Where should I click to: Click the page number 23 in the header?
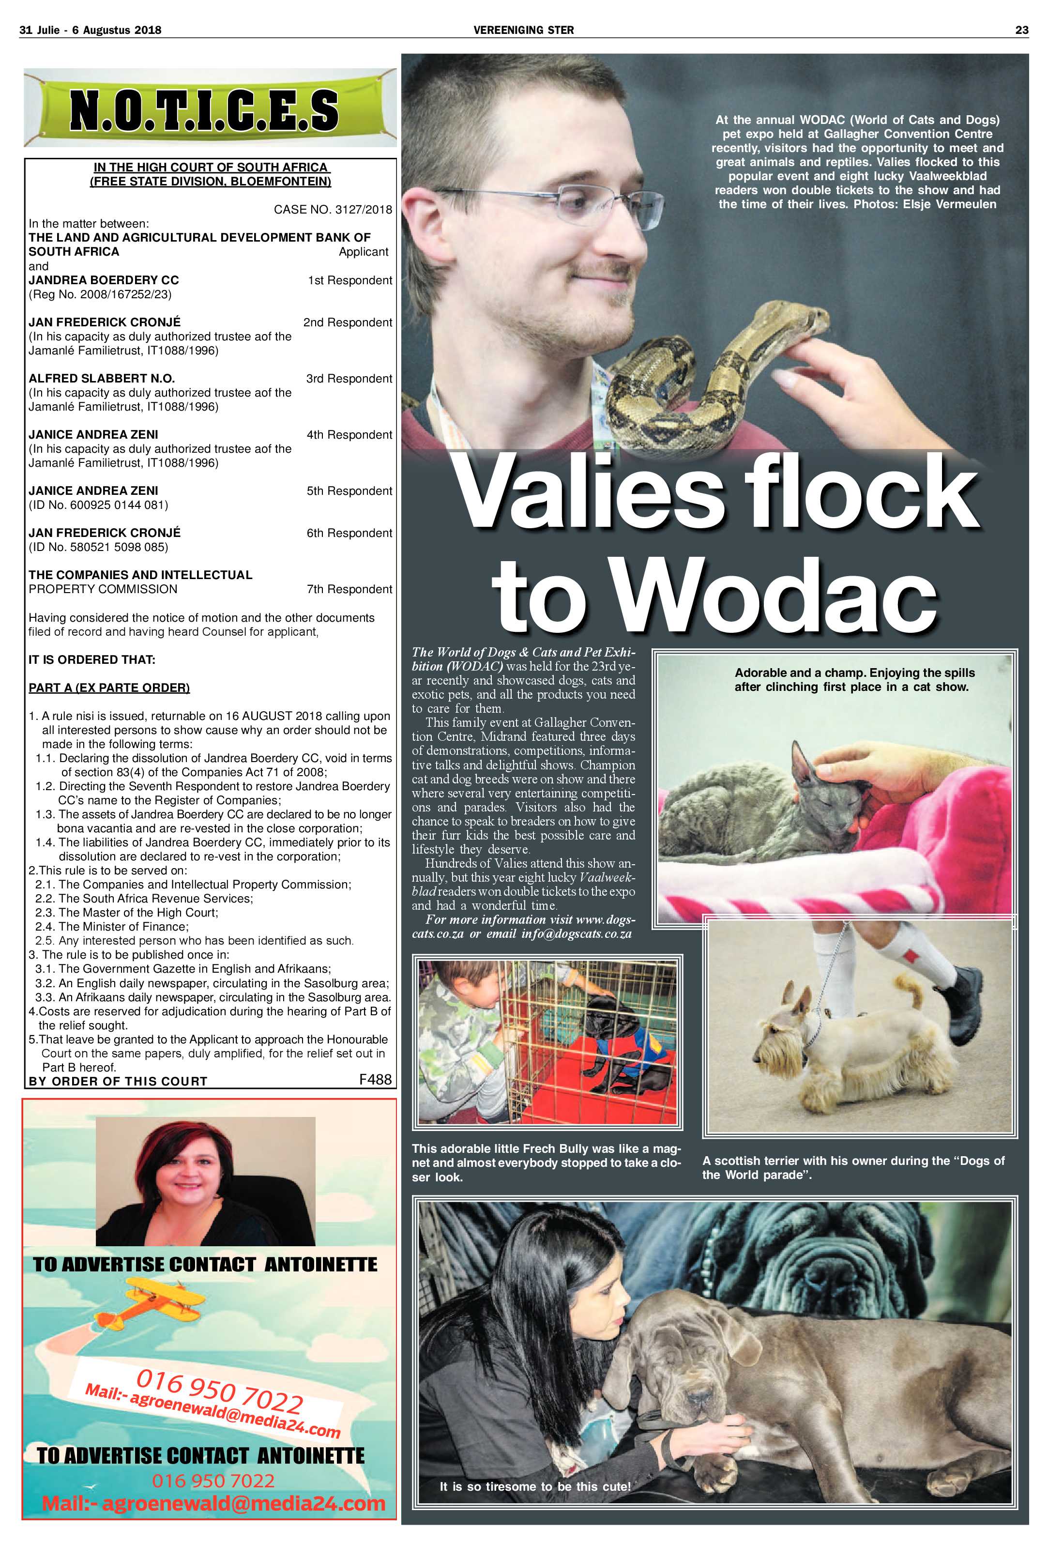[x=1021, y=30]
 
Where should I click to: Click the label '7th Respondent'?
[x=349, y=589]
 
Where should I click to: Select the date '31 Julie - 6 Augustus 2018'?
[x=91, y=30]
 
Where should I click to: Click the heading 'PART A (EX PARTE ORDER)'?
[x=109, y=688]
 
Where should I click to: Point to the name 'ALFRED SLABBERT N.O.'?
[x=102, y=379]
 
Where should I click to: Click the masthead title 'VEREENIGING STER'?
[x=523, y=30]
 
